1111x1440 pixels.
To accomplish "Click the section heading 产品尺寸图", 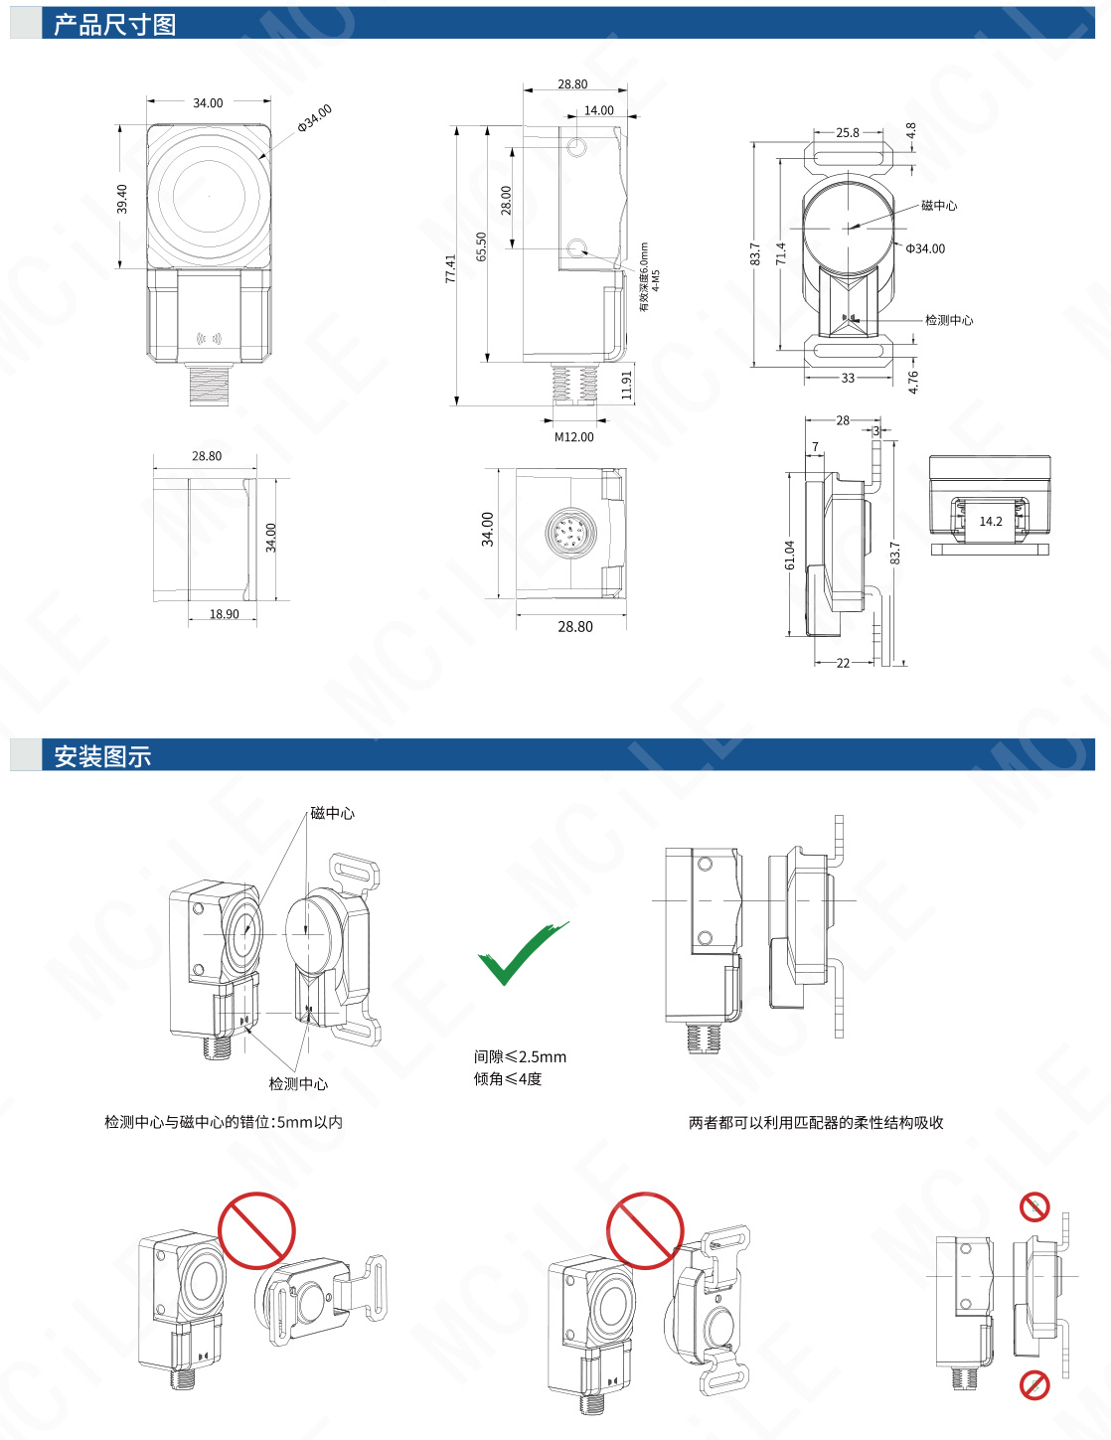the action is tap(114, 25).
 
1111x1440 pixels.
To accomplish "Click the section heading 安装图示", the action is tap(102, 756).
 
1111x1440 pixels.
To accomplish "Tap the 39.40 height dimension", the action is tap(122, 198).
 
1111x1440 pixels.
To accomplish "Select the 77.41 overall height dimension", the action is tap(450, 268).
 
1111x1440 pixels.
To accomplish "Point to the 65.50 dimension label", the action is tap(482, 246).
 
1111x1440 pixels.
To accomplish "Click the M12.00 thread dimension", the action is tap(573, 436).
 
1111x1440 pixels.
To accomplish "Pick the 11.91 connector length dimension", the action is tap(627, 385).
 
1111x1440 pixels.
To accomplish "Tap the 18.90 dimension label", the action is tap(224, 613).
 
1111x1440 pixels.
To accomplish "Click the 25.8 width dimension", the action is tap(848, 132).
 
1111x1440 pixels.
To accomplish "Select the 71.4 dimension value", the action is tap(781, 253).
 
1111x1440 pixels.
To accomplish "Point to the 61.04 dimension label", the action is tap(790, 555).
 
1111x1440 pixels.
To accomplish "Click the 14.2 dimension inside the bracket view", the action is tap(991, 521).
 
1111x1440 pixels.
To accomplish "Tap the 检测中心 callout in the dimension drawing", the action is tap(949, 320).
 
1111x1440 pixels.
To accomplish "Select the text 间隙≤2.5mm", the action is tap(520, 1056).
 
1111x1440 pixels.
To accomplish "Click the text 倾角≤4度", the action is tap(508, 1079).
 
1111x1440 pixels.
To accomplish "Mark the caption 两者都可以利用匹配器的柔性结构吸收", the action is tap(816, 1122).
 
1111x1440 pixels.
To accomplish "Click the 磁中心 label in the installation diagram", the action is tap(333, 813).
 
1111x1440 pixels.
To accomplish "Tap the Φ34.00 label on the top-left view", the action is tap(315, 118).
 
